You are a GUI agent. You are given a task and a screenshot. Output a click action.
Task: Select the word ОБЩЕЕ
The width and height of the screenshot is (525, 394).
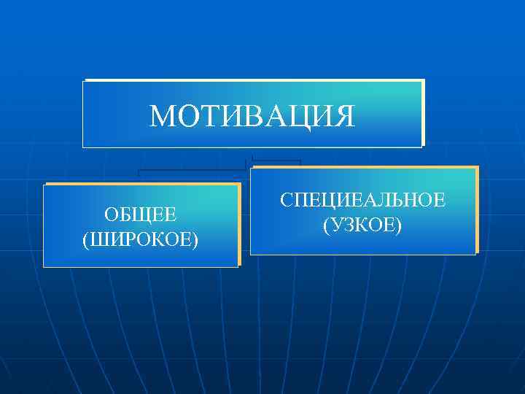[140, 216]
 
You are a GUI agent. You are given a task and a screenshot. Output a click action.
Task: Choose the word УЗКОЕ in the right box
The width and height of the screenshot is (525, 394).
[362, 224]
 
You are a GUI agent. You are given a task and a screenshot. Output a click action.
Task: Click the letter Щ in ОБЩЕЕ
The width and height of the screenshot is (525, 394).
[141, 216]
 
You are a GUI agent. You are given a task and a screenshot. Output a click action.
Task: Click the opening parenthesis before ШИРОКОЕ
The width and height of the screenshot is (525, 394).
[87, 239]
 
